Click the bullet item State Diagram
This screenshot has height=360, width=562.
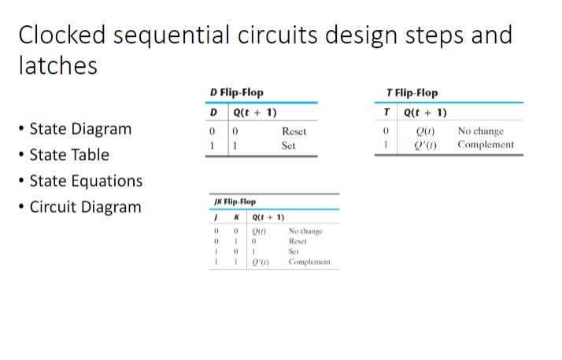pos(80,128)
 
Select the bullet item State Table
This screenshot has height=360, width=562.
pos(69,154)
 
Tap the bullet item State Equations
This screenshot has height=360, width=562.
pos(86,180)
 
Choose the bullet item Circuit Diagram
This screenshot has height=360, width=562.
pos(85,207)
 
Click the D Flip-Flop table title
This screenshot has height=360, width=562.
pos(236,93)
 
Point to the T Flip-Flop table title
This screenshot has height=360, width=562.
pos(412,93)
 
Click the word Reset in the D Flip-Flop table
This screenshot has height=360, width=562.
pos(294,132)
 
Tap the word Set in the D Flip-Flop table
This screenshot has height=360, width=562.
pos(289,146)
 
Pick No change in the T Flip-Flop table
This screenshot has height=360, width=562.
pos(480,132)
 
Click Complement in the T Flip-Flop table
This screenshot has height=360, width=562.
pos(486,145)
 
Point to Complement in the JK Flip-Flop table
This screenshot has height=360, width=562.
pos(309,262)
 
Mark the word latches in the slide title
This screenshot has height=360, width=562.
pos(57,65)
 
